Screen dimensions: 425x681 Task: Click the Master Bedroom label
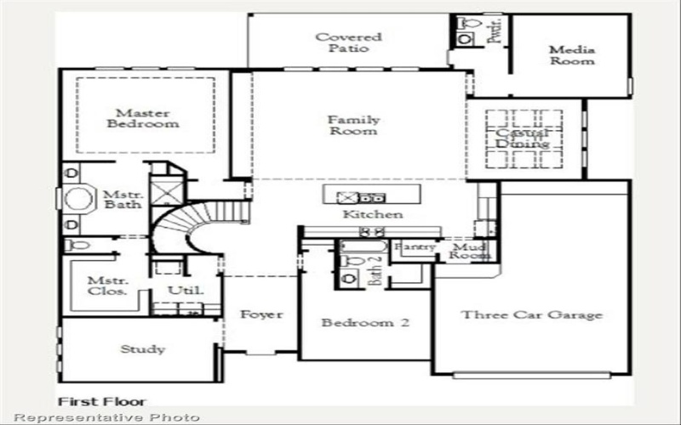point(143,118)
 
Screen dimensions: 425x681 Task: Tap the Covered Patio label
point(348,42)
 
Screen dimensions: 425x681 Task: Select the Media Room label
point(571,55)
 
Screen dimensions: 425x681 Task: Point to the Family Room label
point(353,126)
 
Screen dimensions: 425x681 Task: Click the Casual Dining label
point(524,139)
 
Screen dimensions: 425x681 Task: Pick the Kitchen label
point(373,214)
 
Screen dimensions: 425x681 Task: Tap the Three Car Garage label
point(531,315)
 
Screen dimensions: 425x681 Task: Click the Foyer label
point(260,314)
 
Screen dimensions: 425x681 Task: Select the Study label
point(142,348)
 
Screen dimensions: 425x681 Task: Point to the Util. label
point(185,291)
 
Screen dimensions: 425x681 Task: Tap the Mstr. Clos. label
point(107,285)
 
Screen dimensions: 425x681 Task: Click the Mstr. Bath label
point(121,200)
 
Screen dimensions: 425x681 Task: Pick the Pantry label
point(418,247)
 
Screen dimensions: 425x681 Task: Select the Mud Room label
point(470,250)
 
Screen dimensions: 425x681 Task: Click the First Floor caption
point(101,401)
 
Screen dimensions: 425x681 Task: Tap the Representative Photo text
point(107,417)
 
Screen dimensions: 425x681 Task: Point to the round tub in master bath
point(77,201)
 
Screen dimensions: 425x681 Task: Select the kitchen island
point(371,195)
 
